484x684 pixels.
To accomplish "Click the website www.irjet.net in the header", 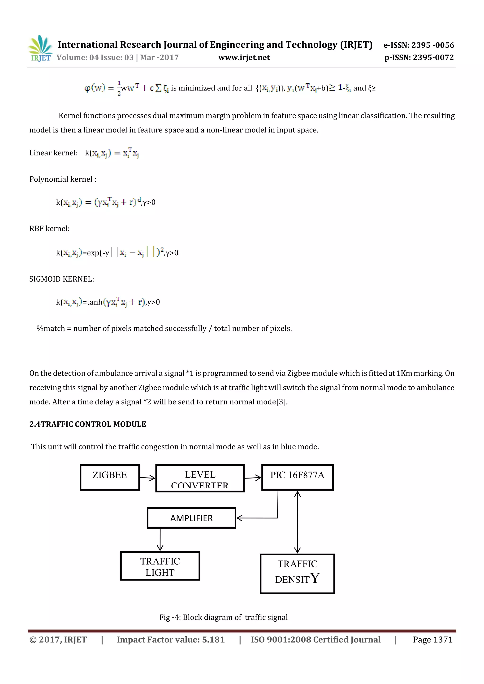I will click(244, 57).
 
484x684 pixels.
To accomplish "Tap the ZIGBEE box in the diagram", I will click(110, 477).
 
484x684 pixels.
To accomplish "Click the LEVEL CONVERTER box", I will click(200, 478).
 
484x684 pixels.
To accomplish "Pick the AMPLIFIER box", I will click(191, 518).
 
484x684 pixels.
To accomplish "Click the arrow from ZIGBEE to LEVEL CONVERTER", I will click(147, 478).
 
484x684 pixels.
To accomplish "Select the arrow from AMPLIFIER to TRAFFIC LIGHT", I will click(160, 540).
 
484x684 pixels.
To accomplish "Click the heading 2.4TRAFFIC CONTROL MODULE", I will click(88, 424).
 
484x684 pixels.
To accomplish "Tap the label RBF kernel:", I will click(49, 228).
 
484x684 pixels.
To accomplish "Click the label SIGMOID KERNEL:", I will click(62, 279).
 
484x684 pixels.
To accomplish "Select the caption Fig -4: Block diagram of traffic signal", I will click(224, 617).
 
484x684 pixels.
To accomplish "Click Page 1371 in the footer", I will click(432, 640).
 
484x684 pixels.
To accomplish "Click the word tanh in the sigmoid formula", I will click(95, 302).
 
